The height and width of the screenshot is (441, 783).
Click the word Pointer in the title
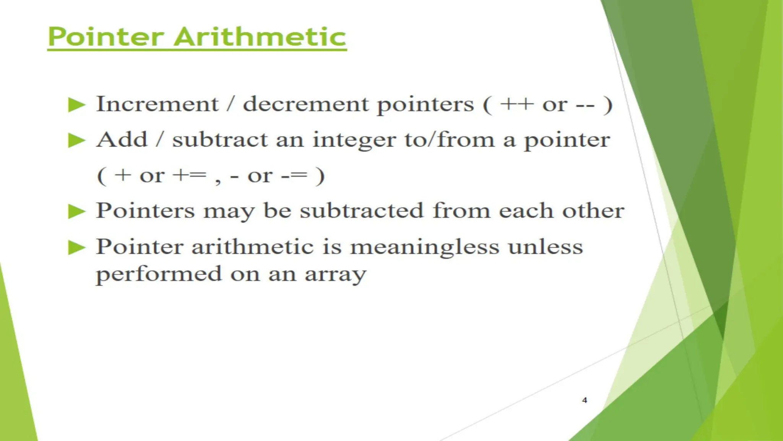[x=106, y=37]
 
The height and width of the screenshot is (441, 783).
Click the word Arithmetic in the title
[x=260, y=37]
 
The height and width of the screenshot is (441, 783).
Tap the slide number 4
[x=584, y=400]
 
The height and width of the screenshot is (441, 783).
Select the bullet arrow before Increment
[x=76, y=105]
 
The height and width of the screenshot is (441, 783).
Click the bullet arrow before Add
[x=76, y=140]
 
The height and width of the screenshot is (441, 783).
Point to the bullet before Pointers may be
[x=76, y=211]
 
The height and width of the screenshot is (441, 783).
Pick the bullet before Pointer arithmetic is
[x=76, y=247]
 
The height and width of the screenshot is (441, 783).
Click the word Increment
[x=157, y=104]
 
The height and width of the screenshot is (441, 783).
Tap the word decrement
[x=305, y=104]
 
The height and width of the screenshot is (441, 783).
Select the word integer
[x=354, y=140]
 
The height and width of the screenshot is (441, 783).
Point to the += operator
[x=189, y=176]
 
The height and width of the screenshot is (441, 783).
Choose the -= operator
[x=294, y=176]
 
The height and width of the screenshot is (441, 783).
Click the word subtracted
[x=362, y=211]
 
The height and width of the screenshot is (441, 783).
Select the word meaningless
[x=424, y=247]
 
